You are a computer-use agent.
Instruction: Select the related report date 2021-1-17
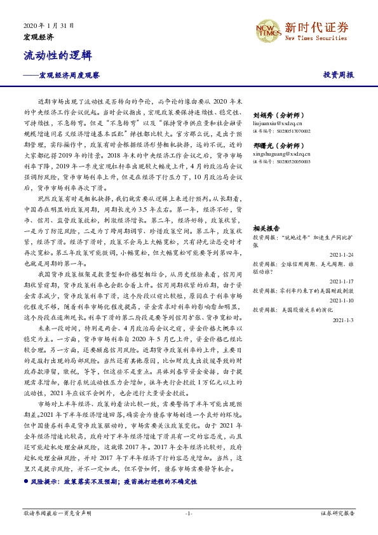tap(342, 280)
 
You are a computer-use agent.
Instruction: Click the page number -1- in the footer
tap(188, 511)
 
